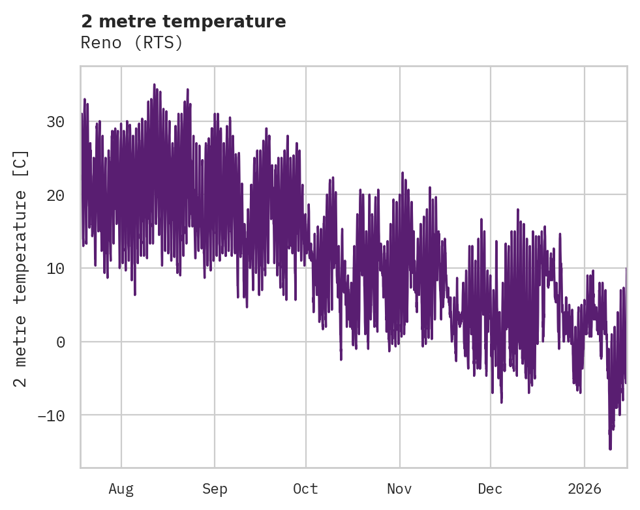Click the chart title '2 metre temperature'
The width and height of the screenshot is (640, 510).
click(183, 22)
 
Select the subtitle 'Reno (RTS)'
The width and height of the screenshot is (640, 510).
click(132, 43)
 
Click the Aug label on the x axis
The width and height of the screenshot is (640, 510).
click(121, 489)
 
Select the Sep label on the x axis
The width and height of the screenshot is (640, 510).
click(214, 489)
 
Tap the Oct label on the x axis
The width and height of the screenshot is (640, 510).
click(305, 489)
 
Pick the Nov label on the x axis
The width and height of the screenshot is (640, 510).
click(399, 489)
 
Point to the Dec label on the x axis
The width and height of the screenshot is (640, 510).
click(490, 489)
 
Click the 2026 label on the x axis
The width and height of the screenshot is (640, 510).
click(584, 489)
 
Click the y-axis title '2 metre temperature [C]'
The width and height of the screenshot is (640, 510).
click(21, 269)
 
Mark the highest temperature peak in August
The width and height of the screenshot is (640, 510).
click(154, 85)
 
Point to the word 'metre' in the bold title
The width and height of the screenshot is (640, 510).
click(119, 22)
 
